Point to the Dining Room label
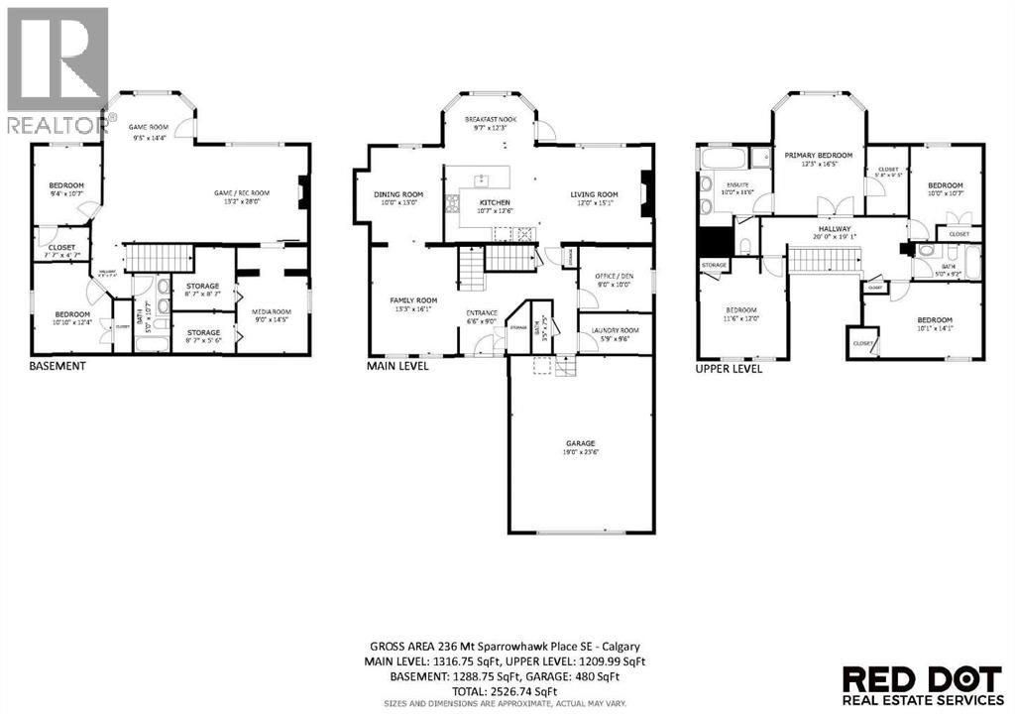coord(397,195)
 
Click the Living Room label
coord(594,195)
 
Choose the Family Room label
coord(413,300)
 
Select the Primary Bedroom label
coord(818,156)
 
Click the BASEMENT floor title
coord(56,365)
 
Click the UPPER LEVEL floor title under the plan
coord(729,368)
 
